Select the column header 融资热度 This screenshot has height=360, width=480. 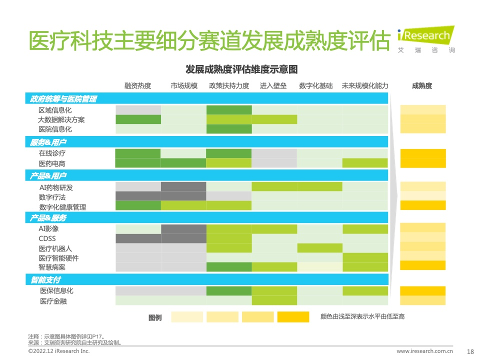138,85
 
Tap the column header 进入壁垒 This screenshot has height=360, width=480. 273,85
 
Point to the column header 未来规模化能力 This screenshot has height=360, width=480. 365,85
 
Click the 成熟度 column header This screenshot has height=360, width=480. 422,85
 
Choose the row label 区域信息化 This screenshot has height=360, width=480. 55,110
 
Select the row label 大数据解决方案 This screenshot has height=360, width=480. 61,119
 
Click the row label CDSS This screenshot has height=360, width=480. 47,238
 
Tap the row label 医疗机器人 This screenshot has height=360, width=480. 55,248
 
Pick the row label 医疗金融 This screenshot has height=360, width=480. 53,301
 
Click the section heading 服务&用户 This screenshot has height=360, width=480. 48,142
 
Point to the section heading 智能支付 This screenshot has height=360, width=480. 46,280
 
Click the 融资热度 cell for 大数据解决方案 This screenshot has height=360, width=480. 138,119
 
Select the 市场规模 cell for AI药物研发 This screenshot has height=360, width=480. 183,186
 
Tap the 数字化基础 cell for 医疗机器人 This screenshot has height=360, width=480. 320,248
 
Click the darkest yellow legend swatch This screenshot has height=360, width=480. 293,317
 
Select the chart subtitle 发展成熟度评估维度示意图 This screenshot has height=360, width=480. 241,69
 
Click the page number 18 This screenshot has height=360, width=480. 470,351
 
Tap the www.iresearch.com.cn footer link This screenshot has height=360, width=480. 424,351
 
